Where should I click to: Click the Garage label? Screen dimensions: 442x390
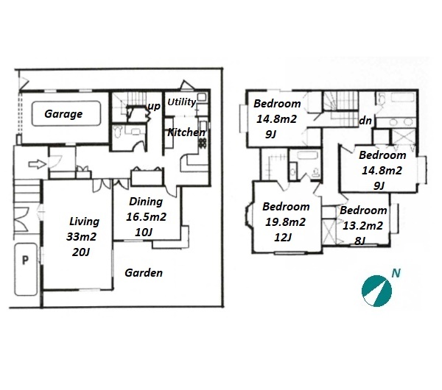[63, 114]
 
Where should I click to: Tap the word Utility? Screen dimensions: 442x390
[181, 102]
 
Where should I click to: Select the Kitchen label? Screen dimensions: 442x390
[186, 132]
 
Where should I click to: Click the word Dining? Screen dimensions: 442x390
[146, 202]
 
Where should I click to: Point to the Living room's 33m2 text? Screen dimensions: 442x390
[81, 237]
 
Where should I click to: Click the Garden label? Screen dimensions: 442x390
[144, 272]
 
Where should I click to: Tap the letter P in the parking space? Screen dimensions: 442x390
[25, 260]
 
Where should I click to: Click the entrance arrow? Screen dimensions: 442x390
[38, 164]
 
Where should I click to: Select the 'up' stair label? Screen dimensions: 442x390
[154, 107]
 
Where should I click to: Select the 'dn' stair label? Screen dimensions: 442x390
[365, 121]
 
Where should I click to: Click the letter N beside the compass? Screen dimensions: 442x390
[396, 273]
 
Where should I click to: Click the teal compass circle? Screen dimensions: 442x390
[376, 291]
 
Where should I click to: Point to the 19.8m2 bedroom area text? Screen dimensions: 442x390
[285, 222]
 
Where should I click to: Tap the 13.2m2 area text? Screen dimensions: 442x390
[362, 226]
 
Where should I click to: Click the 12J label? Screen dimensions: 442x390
[283, 238]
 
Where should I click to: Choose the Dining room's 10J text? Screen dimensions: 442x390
[144, 233]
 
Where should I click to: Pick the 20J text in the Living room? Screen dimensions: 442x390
[80, 252]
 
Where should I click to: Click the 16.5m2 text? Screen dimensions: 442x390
[146, 217]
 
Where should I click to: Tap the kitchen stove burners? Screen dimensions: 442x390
[203, 143]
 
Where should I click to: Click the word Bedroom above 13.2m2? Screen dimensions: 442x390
[363, 210]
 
